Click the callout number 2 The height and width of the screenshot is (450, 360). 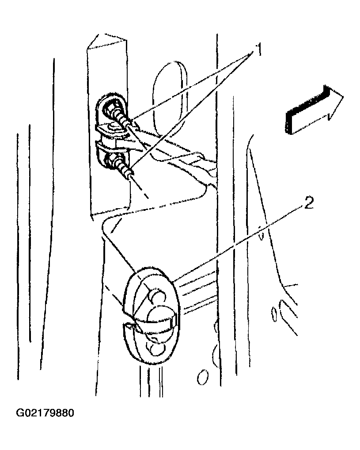[308, 203]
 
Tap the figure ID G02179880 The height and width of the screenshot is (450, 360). [45, 413]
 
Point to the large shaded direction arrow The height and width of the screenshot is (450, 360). [314, 110]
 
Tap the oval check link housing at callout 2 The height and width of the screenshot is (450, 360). [151, 316]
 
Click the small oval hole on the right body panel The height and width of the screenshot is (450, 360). [274, 315]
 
